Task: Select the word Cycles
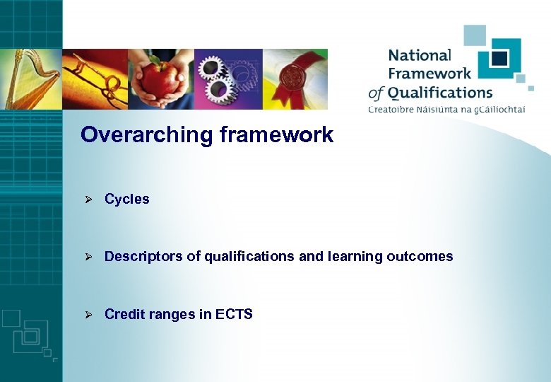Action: (x=127, y=199)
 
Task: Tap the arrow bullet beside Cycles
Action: (x=89, y=199)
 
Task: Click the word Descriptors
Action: (x=143, y=256)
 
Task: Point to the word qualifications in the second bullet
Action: (x=249, y=256)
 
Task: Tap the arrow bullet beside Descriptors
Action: (x=89, y=256)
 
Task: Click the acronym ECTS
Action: (x=235, y=314)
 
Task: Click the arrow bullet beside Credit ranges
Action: (x=89, y=314)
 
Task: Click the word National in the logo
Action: (x=419, y=56)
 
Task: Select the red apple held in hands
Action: (x=161, y=80)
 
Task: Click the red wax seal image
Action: (x=295, y=79)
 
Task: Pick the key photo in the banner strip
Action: (x=95, y=79)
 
